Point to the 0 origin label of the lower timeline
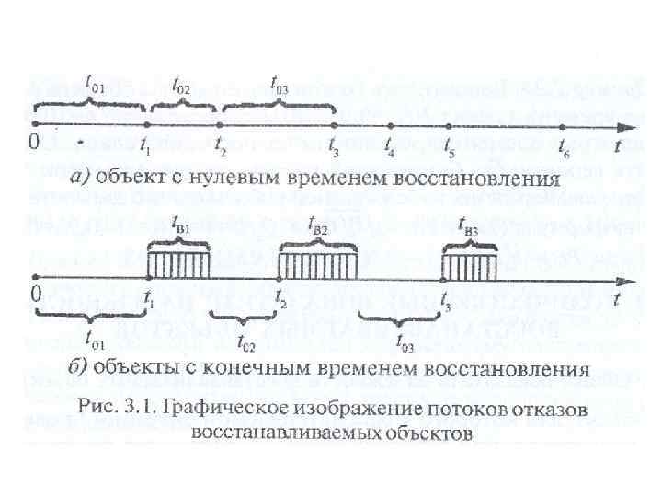(x=34, y=295)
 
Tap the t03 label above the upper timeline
(x=279, y=88)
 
